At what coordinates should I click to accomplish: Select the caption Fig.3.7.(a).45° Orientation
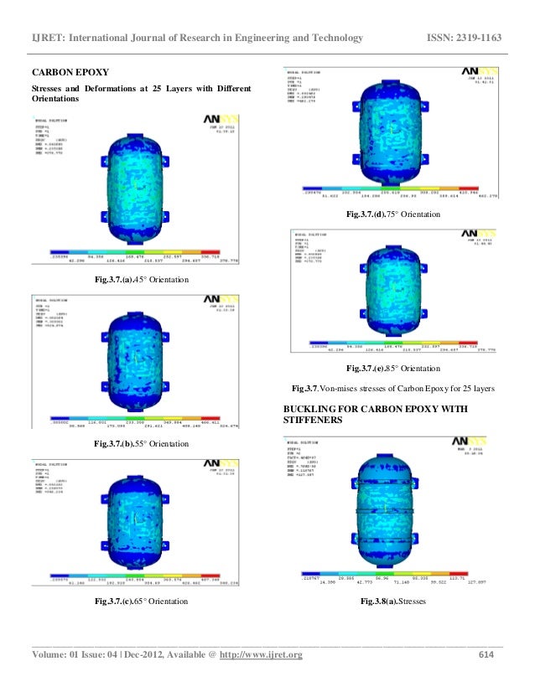coord(141,279)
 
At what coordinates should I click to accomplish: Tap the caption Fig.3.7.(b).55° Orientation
coord(141,443)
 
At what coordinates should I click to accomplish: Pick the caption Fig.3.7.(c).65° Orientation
coord(141,602)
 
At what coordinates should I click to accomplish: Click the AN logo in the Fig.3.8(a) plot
coord(465,440)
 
